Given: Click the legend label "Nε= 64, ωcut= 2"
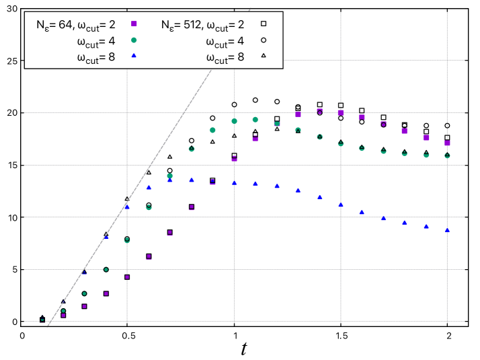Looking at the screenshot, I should pyautogui.click(x=76, y=25).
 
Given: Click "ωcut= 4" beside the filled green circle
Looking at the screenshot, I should pyautogui.click(x=95, y=42).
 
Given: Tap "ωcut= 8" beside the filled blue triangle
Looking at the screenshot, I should pyautogui.click(x=95, y=59).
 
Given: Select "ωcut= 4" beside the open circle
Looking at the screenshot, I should pyautogui.click(x=225, y=42).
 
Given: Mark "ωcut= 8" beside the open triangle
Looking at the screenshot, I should pyautogui.click(x=225, y=59).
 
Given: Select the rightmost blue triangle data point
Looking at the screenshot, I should pyautogui.click(x=447, y=230).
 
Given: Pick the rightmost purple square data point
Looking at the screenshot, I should pyautogui.click(x=447, y=143).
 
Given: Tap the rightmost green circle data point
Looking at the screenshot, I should pyautogui.click(x=447, y=155).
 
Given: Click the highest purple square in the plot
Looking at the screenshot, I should pyautogui.click(x=319, y=111).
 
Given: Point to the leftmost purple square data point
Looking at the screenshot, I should pyautogui.click(x=63, y=315).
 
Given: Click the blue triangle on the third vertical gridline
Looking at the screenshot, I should pyautogui.click(x=341, y=205).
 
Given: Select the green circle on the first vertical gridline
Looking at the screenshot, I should pyautogui.click(x=127, y=240).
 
